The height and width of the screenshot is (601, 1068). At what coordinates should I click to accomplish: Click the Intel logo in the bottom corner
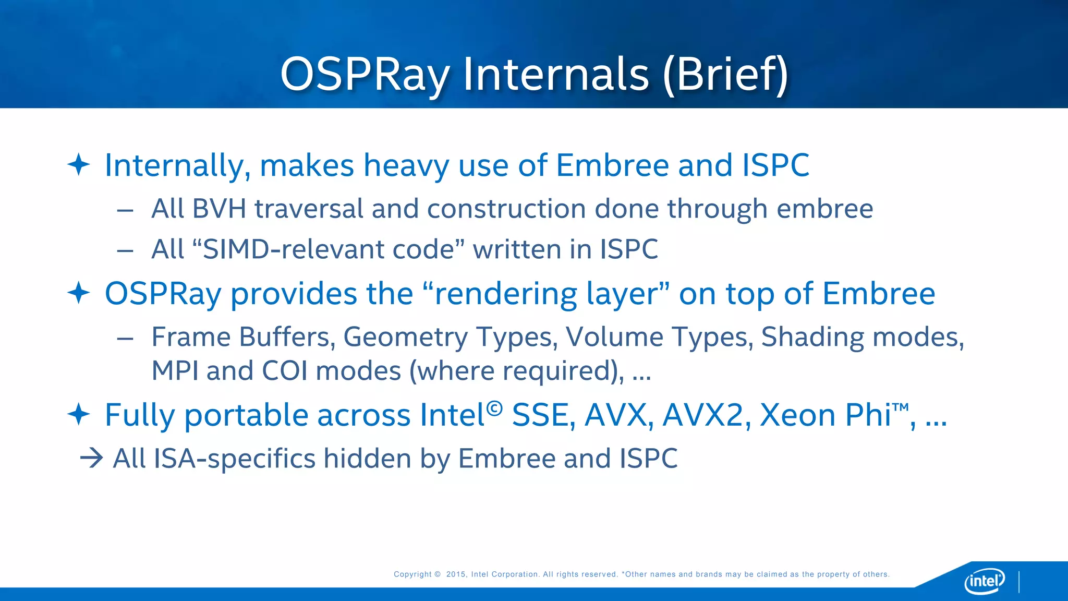pos(984,581)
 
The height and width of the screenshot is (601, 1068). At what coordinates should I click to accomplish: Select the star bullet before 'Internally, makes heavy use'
pos(79,165)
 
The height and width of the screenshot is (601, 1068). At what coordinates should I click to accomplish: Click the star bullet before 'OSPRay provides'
pos(79,293)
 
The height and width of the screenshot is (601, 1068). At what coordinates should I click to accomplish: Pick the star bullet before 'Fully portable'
pos(79,414)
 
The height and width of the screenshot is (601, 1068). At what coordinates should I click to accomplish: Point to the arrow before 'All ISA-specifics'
pos(92,459)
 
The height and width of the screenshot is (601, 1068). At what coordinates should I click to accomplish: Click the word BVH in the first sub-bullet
pos(219,209)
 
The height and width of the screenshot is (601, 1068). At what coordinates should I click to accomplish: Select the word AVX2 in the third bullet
pos(702,415)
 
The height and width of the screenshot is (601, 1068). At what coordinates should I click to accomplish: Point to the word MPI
pos(175,371)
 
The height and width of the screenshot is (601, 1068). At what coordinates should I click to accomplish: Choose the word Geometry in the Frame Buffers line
pos(405,338)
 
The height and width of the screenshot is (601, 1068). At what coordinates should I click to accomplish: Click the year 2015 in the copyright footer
pos(456,574)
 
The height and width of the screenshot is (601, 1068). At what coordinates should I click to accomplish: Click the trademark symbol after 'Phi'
pos(901,406)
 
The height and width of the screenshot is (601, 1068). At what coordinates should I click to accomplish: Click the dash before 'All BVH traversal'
pos(125,211)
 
